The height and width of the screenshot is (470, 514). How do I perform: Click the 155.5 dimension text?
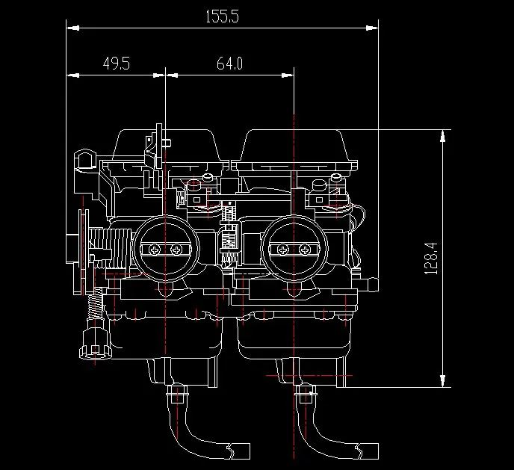tap(222, 16)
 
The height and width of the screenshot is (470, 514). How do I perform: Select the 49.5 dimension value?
tap(117, 64)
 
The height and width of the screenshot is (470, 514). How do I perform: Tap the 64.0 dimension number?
tap(229, 64)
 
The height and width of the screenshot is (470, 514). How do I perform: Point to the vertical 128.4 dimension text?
tap(431, 259)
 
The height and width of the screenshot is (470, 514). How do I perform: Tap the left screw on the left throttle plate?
tap(155, 250)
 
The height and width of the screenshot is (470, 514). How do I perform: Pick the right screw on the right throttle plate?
tap(305, 250)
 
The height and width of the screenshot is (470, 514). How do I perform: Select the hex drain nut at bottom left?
tap(95, 344)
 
